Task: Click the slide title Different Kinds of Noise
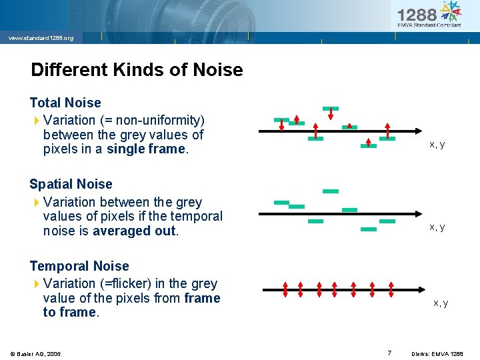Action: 137,70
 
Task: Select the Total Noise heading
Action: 65,103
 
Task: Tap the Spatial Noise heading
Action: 71,184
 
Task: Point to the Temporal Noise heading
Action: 79,266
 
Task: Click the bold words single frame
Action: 147,149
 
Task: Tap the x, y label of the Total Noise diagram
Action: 437,145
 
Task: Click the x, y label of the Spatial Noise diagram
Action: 437,227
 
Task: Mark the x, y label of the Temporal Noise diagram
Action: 441,303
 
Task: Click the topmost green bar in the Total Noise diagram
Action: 330,108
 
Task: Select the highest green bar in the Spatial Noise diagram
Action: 331,191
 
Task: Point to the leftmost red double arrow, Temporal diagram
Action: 285,289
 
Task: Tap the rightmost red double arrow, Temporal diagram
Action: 389,289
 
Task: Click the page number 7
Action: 389,353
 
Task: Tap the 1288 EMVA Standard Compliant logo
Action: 429,15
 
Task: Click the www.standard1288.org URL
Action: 41,38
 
